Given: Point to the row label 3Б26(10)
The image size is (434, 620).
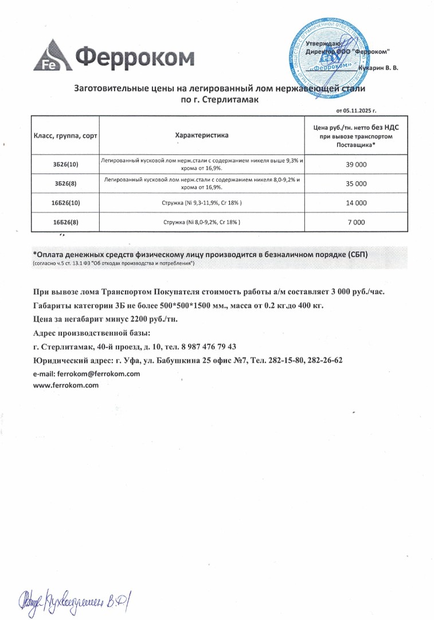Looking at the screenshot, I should [65, 165].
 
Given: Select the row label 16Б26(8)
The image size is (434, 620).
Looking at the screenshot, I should [65, 222].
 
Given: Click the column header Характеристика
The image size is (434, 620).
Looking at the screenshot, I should [201, 135].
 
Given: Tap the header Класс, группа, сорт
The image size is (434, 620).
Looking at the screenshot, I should [65, 135].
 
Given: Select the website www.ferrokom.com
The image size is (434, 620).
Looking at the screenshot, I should [67, 385].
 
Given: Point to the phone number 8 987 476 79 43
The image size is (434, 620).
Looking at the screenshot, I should [203, 347].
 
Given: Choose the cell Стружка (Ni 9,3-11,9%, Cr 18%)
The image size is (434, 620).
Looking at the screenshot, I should [201, 203].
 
